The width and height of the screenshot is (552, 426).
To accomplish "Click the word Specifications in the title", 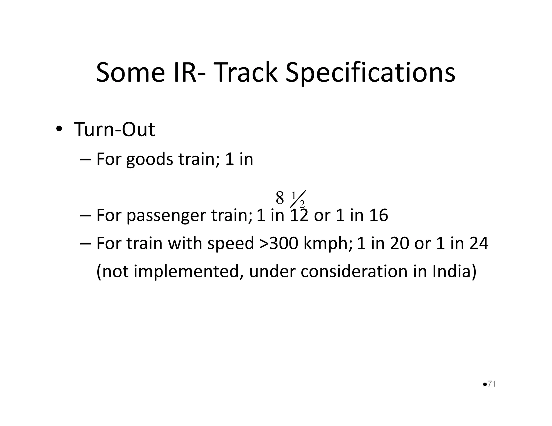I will tap(370, 73).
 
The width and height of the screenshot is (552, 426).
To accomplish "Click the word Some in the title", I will tap(130, 73).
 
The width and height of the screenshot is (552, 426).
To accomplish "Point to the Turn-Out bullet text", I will tap(115, 130).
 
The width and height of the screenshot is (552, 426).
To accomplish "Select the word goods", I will tap(150, 159).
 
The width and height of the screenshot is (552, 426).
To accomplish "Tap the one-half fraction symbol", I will tap(298, 200).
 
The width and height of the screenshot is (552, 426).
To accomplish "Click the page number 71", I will tap(492, 384).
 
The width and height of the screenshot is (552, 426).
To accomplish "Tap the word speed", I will tap(231, 244).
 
